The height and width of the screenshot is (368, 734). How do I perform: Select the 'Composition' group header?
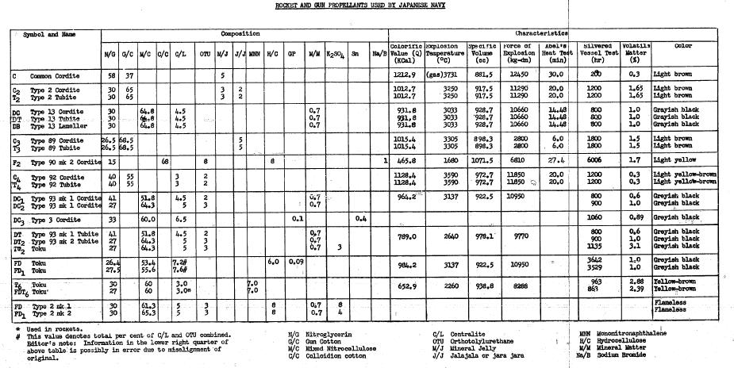[x=240, y=35]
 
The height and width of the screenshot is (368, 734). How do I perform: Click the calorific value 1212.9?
[x=405, y=75]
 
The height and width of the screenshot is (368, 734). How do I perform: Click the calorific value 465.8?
[x=405, y=161]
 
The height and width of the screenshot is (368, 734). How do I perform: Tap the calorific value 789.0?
[x=405, y=236]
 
